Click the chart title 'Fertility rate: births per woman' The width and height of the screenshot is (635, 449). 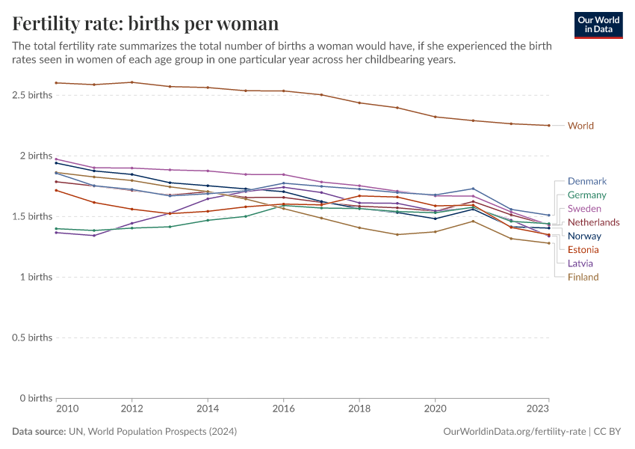coord(146,23)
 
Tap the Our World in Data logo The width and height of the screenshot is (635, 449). coord(598,24)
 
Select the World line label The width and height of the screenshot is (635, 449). coord(580,126)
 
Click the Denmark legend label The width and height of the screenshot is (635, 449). coord(586,181)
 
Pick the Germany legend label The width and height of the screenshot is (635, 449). coord(587,195)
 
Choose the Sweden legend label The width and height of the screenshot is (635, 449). coord(584,208)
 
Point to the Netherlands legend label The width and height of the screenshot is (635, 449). coord(593,222)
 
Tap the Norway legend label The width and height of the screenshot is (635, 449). coord(584,236)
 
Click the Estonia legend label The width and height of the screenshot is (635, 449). coord(583,249)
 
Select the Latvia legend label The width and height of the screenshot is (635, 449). coord(581,263)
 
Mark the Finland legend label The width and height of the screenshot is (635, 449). coord(583,277)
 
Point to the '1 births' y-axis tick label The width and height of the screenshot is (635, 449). coord(36,277)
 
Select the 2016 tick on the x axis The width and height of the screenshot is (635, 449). coord(284,409)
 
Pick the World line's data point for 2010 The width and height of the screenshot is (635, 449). coord(56,82)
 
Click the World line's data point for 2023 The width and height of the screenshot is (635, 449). coord(548,125)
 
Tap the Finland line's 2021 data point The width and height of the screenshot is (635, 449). coord(473,221)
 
